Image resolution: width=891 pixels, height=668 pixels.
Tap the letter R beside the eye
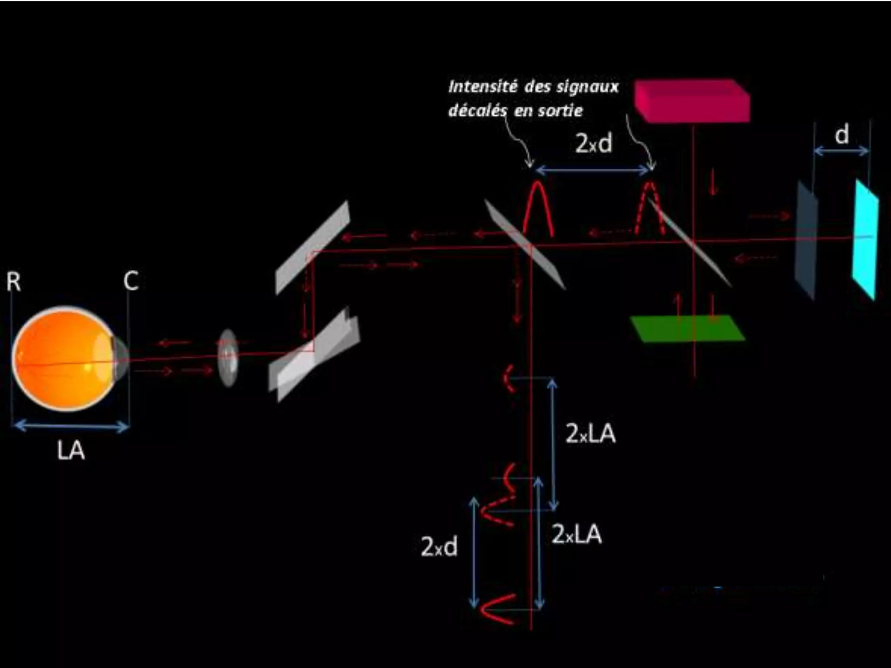coord(13,282)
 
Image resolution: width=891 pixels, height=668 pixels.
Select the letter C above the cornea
coord(131,281)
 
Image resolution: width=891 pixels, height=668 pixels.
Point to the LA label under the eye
coord(70,451)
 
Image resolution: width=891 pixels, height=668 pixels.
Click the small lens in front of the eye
coord(228,357)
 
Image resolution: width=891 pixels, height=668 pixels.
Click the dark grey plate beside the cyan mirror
coord(806,240)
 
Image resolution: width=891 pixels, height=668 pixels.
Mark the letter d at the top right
coord(841,135)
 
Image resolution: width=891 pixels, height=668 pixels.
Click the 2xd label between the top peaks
coord(593,143)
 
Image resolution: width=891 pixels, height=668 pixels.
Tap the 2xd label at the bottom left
coord(439,547)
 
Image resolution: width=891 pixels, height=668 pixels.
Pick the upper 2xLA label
coord(590,434)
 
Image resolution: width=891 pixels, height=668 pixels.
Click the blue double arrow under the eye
coord(71,426)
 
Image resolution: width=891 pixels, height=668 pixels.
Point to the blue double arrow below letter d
coord(841,151)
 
